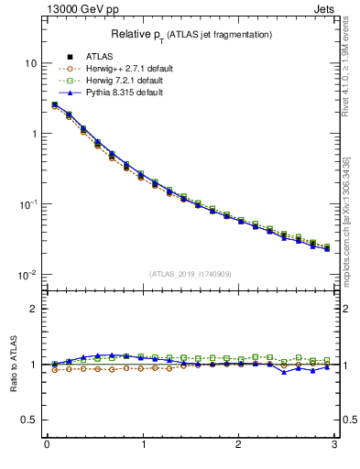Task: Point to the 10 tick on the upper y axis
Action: point(30,63)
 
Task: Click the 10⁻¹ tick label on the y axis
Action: point(27,204)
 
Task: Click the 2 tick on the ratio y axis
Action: point(34,309)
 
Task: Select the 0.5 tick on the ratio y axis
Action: point(30,420)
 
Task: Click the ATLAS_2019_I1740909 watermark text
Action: point(191,274)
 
